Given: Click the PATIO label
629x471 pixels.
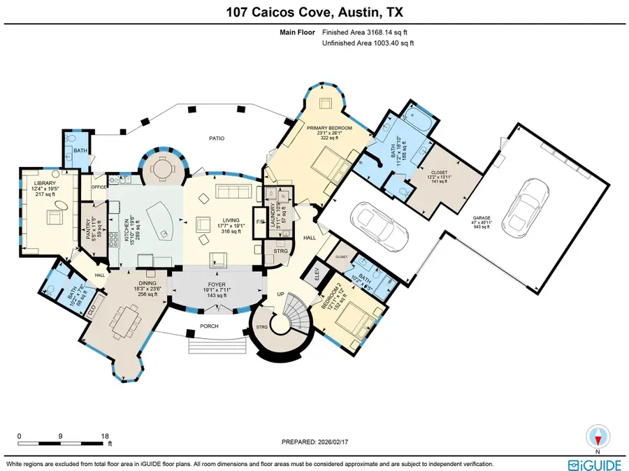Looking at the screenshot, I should [x=217, y=138].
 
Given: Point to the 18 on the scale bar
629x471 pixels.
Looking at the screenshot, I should [x=105, y=435].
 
